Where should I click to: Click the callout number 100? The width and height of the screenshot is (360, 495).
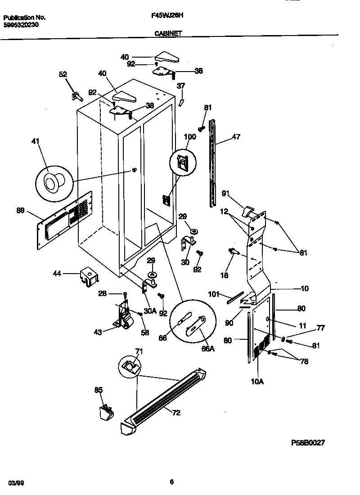tap(190, 136)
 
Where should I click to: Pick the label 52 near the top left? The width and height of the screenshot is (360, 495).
tap(63, 75)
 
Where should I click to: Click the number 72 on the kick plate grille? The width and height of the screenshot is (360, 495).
tap(176, 413)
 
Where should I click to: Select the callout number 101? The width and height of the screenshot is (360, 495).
tap(214, 295)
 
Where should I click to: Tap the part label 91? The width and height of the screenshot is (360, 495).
tap(225, 194)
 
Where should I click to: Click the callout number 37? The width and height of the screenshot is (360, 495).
tap(180, 86)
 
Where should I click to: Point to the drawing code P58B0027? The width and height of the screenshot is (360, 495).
tap(308, 442)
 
